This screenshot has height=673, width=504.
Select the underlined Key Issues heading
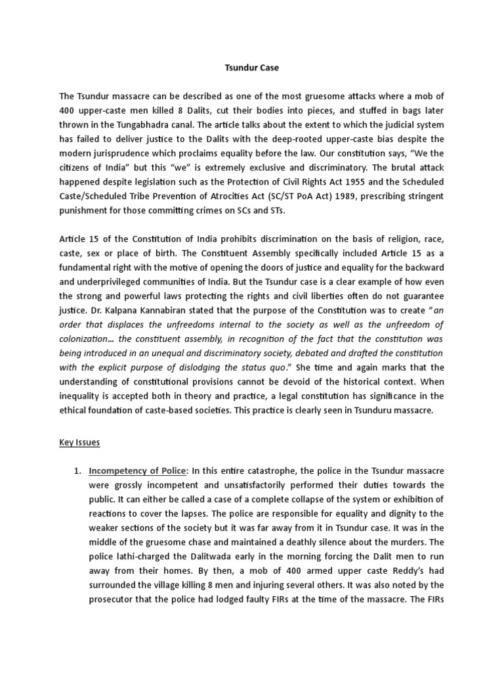(79, 442)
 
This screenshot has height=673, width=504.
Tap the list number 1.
(77, 471)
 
